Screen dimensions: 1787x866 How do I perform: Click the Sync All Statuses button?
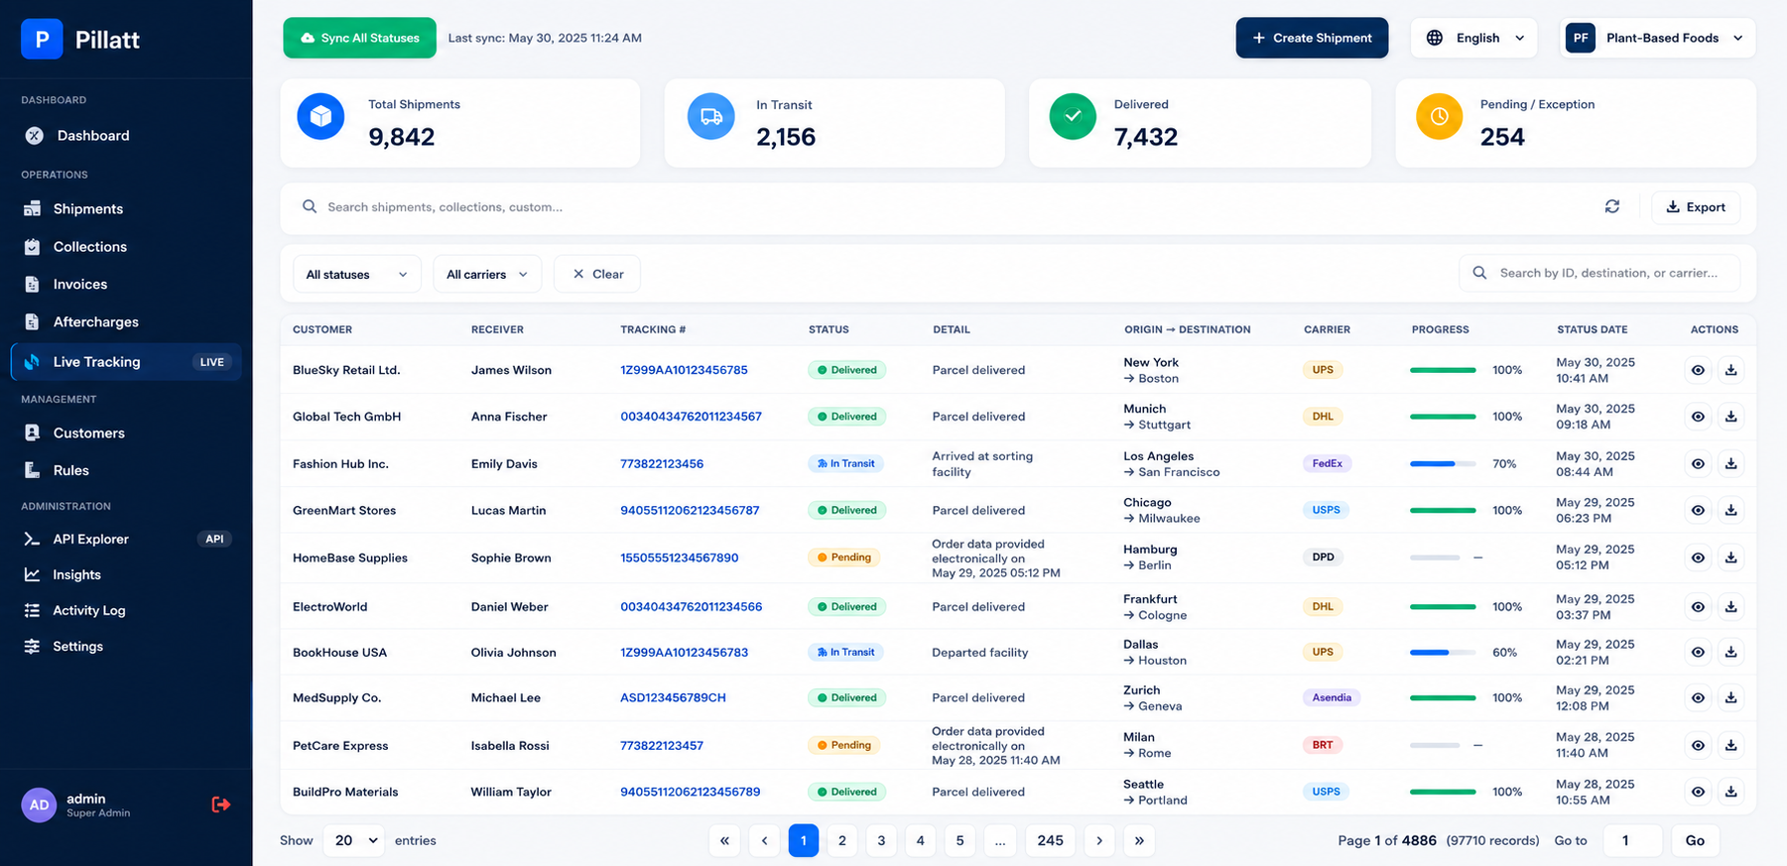(359, 38)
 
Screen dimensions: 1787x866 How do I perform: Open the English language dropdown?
(1474, 38)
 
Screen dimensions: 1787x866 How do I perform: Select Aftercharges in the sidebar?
(95, 322)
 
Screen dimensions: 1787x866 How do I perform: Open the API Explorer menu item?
(90, 539)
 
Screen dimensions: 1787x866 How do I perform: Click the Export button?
(1696, 207)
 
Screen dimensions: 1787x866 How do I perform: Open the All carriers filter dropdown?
(487, 274)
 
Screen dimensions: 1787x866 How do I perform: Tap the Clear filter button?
(597, 274)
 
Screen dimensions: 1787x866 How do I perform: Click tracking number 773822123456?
(662, 463)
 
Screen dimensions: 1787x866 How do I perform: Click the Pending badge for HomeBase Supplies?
(846, 557)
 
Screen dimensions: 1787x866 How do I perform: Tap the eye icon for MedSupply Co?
(1698, 698)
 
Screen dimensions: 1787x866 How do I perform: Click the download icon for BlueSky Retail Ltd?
(1730, 370)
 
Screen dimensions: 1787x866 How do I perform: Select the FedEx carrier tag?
(1327, 463)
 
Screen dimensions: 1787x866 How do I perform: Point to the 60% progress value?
(1504, 653)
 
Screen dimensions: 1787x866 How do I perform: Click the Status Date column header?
(1592, 329)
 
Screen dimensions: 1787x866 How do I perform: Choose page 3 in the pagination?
(881, 840)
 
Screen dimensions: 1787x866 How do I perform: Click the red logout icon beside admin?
(221, 804)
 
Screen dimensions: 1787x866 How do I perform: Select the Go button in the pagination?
(1695, 840)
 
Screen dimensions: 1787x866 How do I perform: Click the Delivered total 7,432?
(1146, 137)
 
